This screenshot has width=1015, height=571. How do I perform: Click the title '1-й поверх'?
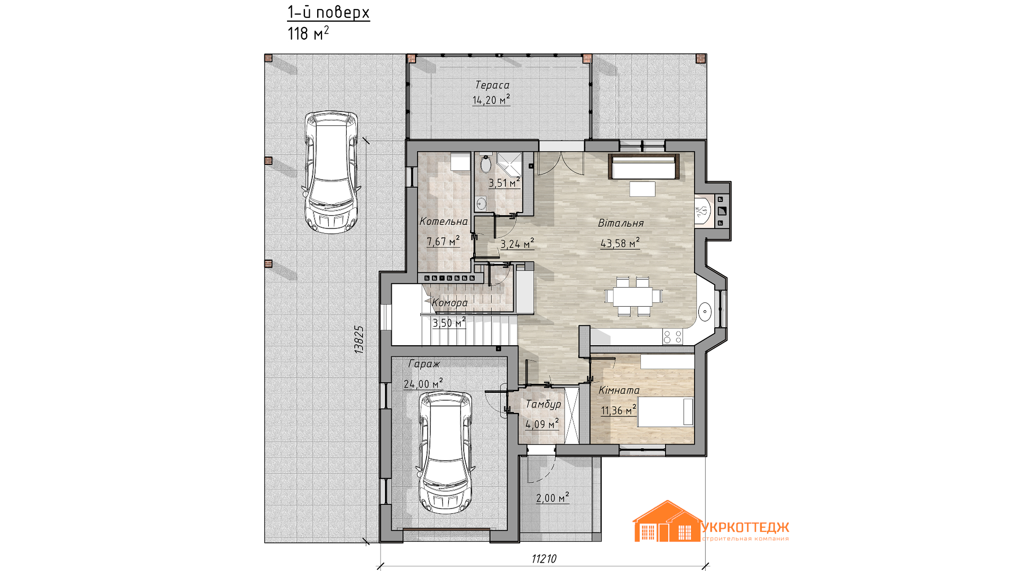tap(328, 12)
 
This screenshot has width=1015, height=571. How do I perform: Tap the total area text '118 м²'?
tap(308, 33)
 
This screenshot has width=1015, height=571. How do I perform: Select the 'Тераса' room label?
tap(492, 85)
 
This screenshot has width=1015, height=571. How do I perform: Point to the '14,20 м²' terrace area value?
tap(491, 99)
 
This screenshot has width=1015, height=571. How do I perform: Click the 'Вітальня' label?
tap(621, 223)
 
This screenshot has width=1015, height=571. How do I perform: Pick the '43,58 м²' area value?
tap(620, 243)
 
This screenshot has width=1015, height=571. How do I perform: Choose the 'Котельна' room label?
tap(444, 222)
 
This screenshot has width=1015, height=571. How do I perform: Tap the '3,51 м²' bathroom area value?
tap(504, 183)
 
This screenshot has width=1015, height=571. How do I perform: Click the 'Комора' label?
tap(450, 303)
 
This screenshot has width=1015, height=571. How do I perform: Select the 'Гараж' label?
tap(424, 364)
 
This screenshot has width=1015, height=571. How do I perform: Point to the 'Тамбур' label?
tap(543, 404)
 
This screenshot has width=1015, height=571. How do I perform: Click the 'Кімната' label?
tap(619, 391)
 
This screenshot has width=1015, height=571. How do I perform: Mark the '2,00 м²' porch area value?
tap(552, 498)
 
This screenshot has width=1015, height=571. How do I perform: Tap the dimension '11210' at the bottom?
tap(544, 559)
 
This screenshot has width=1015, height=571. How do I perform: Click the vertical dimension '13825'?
tap(359, 339)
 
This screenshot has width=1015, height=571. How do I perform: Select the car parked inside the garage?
tap(445, 452)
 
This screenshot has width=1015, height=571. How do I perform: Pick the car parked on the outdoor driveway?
tap(331, 172)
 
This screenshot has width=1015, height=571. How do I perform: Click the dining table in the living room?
tap(633, 296)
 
